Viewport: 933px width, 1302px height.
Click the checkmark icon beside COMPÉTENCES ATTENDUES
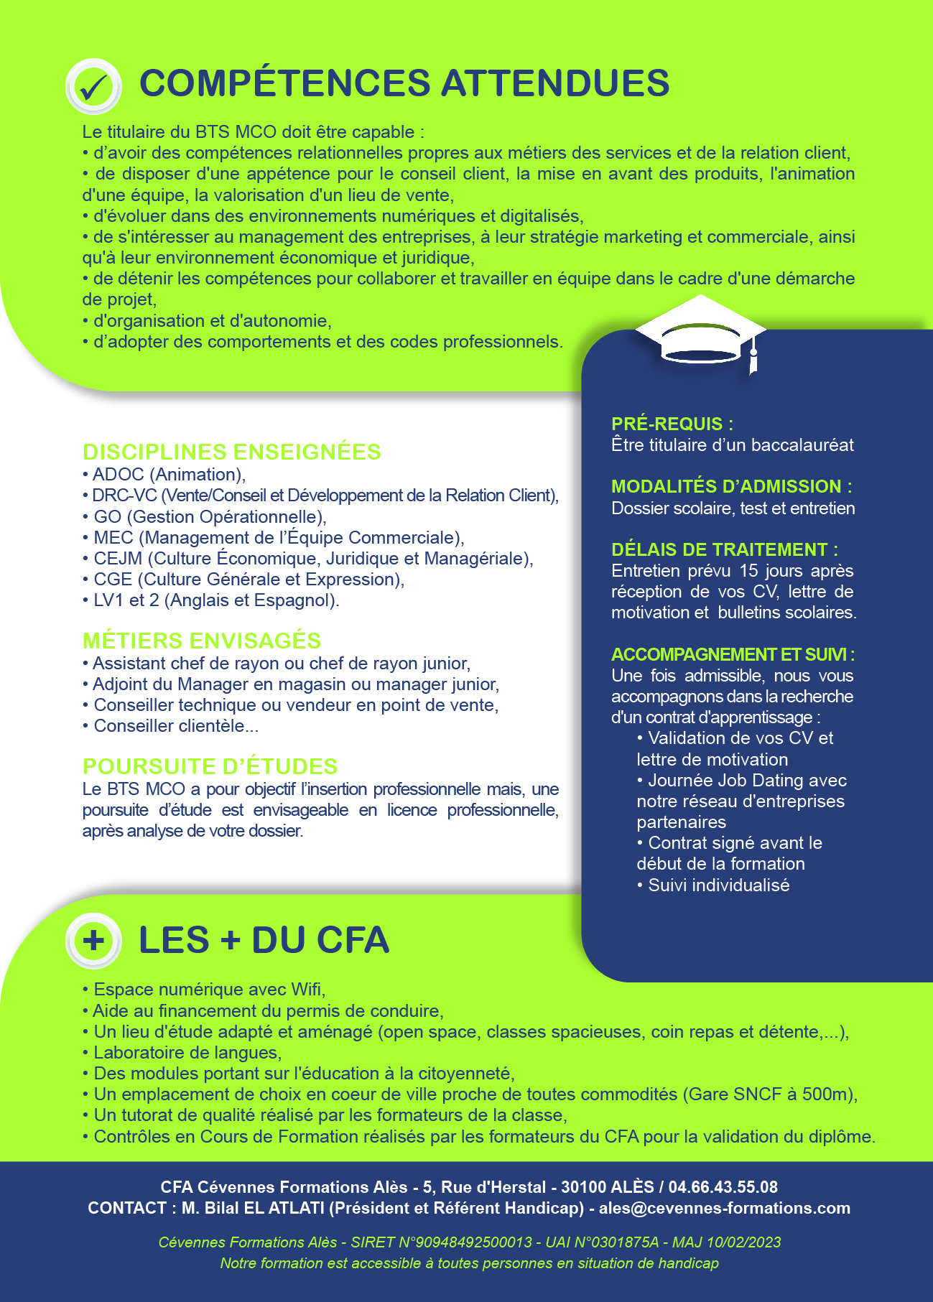point(93,86)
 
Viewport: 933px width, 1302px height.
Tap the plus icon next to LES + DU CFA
point(93,940)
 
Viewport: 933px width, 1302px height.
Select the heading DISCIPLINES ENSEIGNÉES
point(231,452)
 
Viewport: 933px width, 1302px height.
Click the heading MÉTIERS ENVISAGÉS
point(202,641)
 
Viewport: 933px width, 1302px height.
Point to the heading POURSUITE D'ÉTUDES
point(210,766)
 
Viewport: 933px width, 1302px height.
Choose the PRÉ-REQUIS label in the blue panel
point(672,424)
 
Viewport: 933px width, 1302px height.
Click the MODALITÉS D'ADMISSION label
point(731,486)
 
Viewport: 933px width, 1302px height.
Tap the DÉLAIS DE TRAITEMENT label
point(724,549)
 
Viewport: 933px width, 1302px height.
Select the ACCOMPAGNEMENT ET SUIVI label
point(733,654)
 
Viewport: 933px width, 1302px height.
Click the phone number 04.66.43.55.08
point(723,1187)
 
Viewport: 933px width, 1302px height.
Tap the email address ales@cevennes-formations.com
point(724,1208)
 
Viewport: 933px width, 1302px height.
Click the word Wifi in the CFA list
point(307,990)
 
